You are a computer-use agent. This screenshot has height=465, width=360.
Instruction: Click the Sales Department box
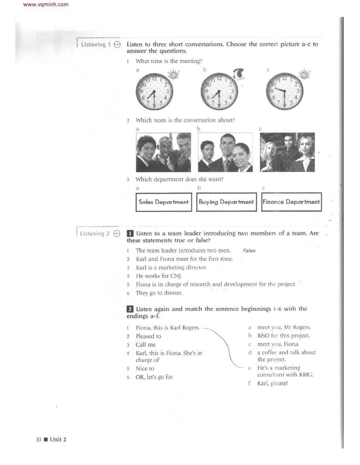(x=163, y=202)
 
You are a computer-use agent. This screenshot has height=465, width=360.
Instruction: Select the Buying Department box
(x=226, y=202)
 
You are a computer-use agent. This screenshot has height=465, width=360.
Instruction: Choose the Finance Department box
(x=291, y=202)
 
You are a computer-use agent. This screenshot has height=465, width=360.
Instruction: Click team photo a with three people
(x=163, y=152)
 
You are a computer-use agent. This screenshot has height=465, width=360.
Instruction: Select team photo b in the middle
(x=225, y=152)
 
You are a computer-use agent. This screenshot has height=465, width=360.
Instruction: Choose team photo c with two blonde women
(x=287, y=152)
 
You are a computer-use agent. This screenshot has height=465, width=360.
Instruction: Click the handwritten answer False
(x=249, y=251)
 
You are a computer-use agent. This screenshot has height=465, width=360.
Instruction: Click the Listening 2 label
(x=94, y=234)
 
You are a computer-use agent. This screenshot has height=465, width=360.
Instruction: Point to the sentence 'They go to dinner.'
(x=159, y=293)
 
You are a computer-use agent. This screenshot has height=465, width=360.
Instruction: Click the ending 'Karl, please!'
(x=272, y=383)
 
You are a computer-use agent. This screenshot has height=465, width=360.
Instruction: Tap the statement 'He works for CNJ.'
(x=159, y=276)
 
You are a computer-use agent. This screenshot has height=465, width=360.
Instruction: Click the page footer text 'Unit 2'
(x=58, y=439)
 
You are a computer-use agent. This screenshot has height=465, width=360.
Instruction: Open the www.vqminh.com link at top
(x=45, y=5)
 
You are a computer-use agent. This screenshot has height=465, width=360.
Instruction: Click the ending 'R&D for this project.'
(x=283, y=336)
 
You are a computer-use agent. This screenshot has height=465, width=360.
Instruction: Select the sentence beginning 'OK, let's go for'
(x=154, y=377)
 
